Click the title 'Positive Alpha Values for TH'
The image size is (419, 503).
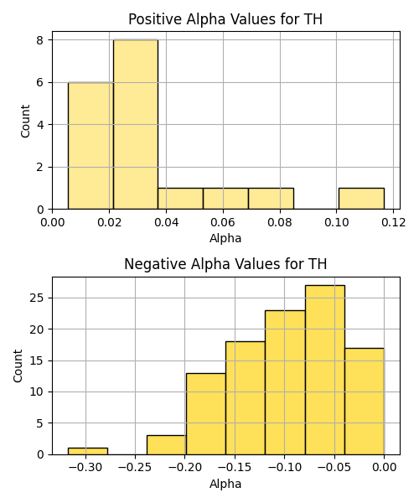tap(225, 19)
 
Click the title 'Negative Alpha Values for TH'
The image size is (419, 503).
tap(225, 264)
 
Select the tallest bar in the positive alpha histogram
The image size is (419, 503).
tap(136, 124)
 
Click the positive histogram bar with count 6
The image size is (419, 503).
tap(91, 146)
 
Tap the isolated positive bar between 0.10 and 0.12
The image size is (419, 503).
tap(362, 199)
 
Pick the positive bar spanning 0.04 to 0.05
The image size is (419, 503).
tap(180, 199)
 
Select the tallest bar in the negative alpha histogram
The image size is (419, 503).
tap(325, 370)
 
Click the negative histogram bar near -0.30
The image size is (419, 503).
tap(88, 451)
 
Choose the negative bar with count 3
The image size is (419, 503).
tap(167, 445)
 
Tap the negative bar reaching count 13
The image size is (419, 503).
tap(206, 414)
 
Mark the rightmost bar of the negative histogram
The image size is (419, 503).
tap(365, 402)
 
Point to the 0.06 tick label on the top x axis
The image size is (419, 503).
tap(223, 222)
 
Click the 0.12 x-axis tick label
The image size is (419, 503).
tap(394, 222)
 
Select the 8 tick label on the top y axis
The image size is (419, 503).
tap(40, 40)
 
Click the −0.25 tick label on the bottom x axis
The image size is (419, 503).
tap(135, 468)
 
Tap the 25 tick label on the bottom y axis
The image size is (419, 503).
tap(37, 298)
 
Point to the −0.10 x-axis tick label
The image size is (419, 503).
tap(285, 468)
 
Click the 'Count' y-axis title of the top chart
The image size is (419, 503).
tap(25, 122)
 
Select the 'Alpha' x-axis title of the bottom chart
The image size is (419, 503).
tap(225, 484)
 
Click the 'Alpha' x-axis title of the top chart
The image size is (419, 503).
tap(225, 239)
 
